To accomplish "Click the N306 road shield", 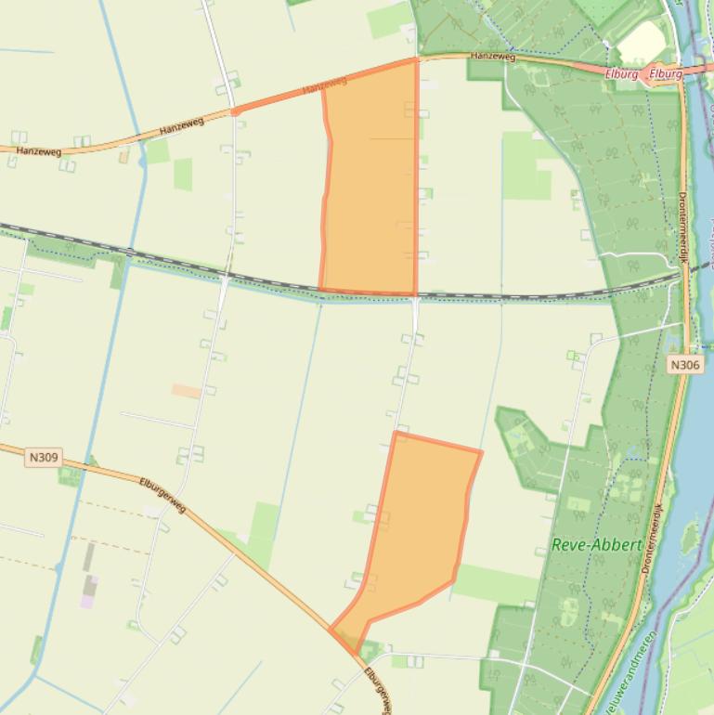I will point(684,365).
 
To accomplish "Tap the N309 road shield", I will point(44,457).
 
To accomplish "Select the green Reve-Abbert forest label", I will point(597,545).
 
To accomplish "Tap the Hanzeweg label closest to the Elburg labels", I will point(492,57).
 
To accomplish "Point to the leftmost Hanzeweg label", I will point(37,149).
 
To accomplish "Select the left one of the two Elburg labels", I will point(620,74).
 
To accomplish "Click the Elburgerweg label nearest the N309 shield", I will point(162,496).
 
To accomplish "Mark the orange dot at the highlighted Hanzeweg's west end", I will point(235,111).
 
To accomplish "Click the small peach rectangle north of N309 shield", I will point(187,391).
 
